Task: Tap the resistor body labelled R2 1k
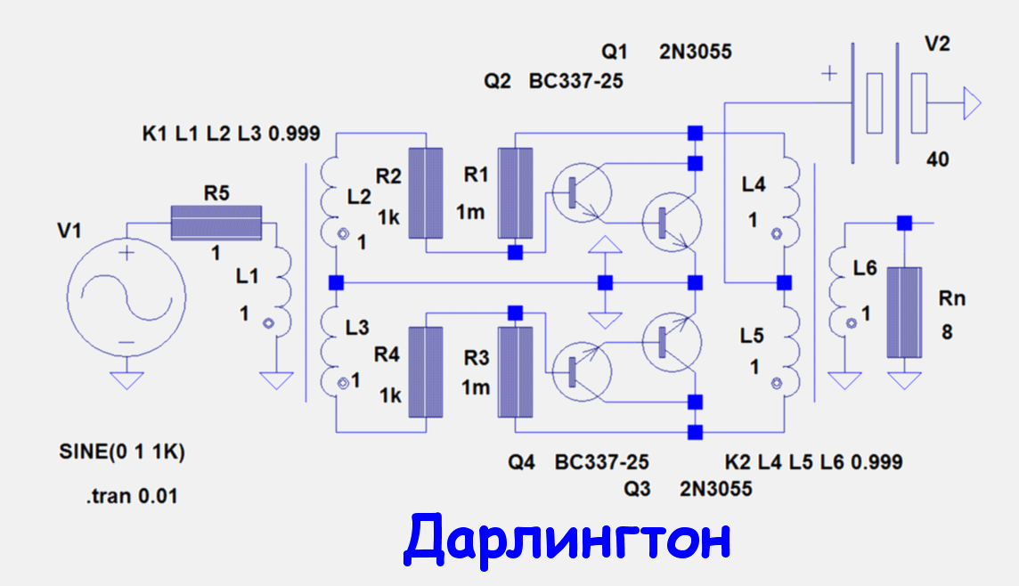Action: click(x=426, y=192)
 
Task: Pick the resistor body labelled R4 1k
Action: click(x=426, y=372)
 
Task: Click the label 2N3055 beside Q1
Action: click(x=695, y=53)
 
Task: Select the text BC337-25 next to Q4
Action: click(x=601, y=463)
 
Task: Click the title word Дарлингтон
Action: click(x=567, y=538)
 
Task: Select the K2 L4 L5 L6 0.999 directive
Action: click(x=813, y=462)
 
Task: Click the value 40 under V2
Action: click(x=937, y=160)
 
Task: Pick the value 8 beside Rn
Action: click(x=947, y=333)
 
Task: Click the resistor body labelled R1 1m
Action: click(x=515, y=192)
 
